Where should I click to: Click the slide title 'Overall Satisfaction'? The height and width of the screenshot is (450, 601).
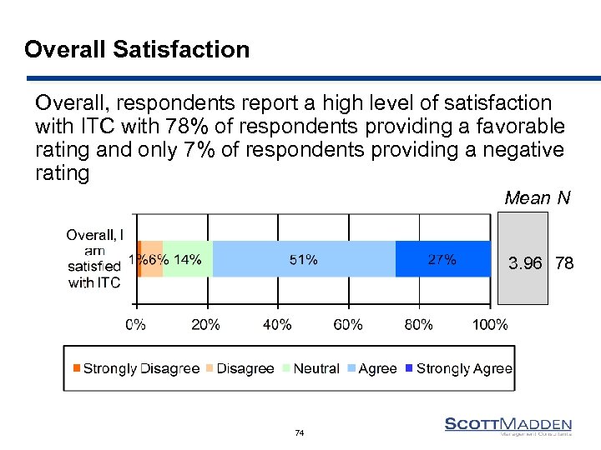137,50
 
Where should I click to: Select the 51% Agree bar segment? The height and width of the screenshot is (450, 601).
303,259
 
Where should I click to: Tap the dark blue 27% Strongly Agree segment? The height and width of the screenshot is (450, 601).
442,259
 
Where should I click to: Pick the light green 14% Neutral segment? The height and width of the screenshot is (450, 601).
188,259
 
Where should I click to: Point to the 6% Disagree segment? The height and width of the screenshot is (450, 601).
152,259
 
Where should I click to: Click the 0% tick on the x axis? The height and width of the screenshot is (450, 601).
135,325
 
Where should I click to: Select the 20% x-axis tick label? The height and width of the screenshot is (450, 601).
205,325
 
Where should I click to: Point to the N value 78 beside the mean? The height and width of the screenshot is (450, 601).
564,264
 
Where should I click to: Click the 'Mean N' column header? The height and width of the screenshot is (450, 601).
538,197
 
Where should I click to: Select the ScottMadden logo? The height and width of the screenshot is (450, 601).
508,427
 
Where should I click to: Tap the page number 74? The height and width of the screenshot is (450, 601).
300,433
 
